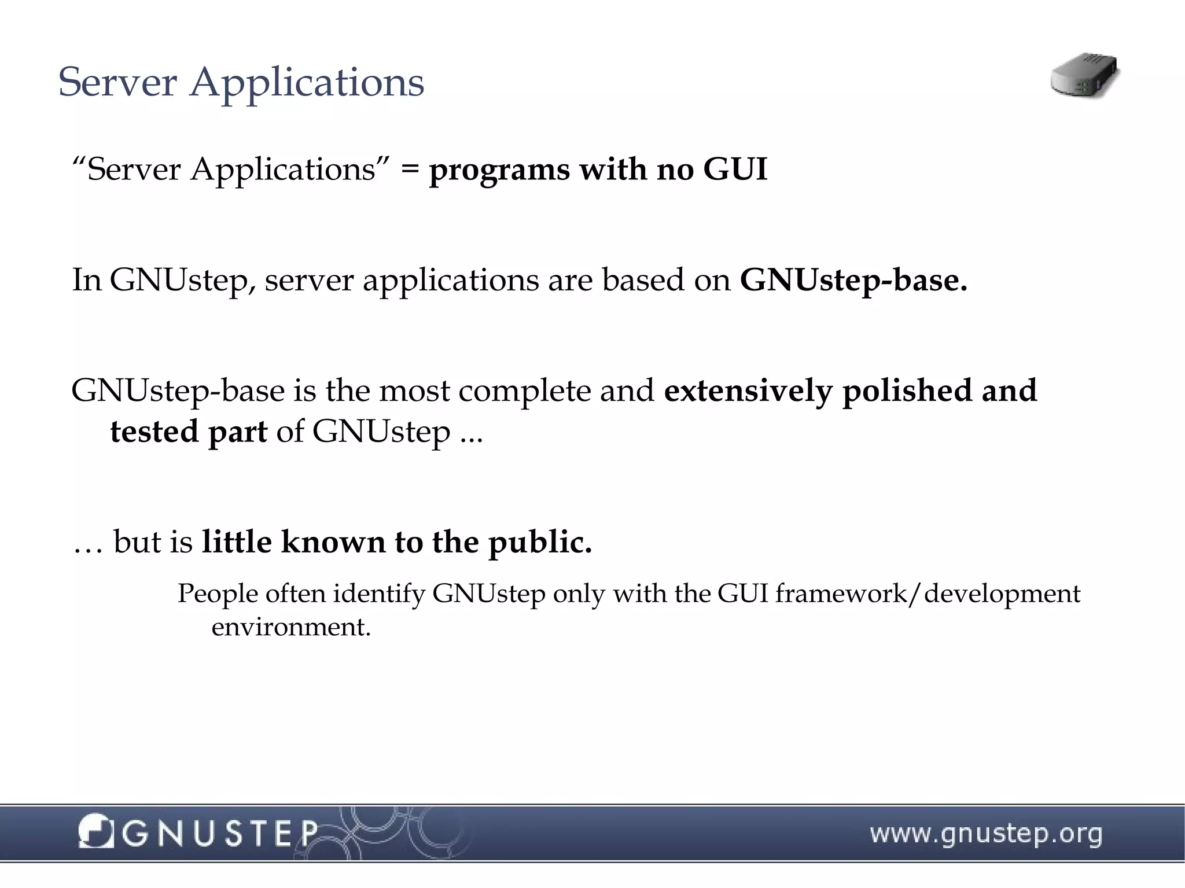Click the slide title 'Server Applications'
click(241, 82)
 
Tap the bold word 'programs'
click(499, 171)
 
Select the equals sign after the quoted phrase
click(410, 170)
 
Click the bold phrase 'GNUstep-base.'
click(853, 280)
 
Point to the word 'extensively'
click(748, 391)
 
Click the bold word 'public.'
click(540, 542)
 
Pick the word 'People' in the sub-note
click(217, 594)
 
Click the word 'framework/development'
click(928, 594)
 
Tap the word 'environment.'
click(291, 627)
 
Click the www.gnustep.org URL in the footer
click(986, 834)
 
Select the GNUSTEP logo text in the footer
click(220, 834)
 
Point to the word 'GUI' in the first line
click(735, 170)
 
